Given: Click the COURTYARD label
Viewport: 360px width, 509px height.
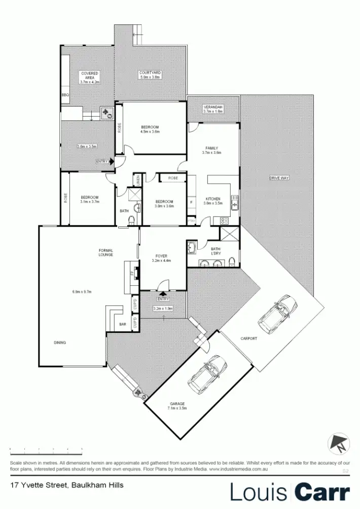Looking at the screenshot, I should pyautogui.click(x=150, y=73).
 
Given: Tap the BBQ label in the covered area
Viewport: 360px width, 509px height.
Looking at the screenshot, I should pyautogui.click(x=65, y=95).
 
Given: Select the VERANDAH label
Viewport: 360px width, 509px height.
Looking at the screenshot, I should pyautogui.click(x=213, y=107).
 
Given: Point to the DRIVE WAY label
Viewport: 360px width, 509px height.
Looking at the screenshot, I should pyautogui.click(x=279, y=178).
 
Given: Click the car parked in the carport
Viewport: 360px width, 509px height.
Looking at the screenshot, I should pyautogui.click(x=277, y=311).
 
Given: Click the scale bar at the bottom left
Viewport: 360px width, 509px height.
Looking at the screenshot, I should pyautogui.click(x=46, y=450).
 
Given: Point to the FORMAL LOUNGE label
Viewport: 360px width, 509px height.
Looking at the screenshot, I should pyautogui.click(x=106, y=252).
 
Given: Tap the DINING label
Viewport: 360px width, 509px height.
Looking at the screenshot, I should pyautogui.click(x=60, y=343).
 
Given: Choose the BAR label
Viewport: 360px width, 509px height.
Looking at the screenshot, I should pyautogui.click(x=122, y=323).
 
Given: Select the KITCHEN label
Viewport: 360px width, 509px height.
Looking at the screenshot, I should pyautogui.click(x=213, y=198).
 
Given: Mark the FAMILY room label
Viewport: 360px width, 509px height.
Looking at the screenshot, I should pyautogui.click(x=211, y=148).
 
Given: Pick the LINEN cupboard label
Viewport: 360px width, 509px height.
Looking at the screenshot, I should pyautogui.click(x=137, y=179).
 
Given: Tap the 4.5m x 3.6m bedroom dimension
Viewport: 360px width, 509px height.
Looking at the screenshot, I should pyautogui.click(x=150, y=131).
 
